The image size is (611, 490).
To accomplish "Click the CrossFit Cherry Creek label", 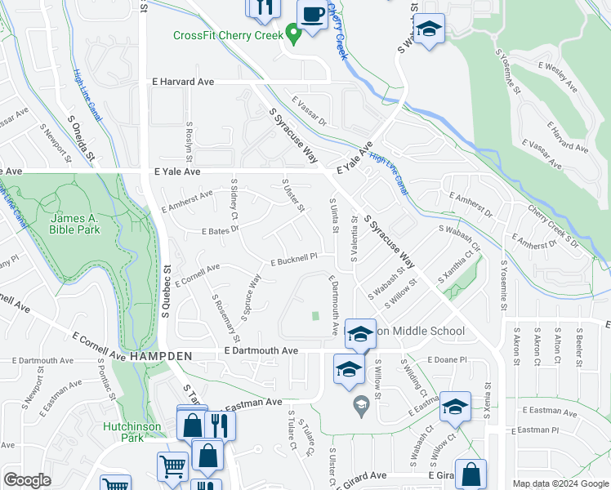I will [227, 35].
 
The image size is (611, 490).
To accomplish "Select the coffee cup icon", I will [312, 16].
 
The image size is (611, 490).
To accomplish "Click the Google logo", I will [28, 480].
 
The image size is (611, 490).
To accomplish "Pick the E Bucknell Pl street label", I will [293, 260].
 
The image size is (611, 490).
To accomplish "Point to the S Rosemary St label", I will [225, 318].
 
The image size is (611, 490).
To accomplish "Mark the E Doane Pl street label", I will [445, 359].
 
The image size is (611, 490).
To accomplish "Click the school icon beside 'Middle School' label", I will [359, 332].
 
